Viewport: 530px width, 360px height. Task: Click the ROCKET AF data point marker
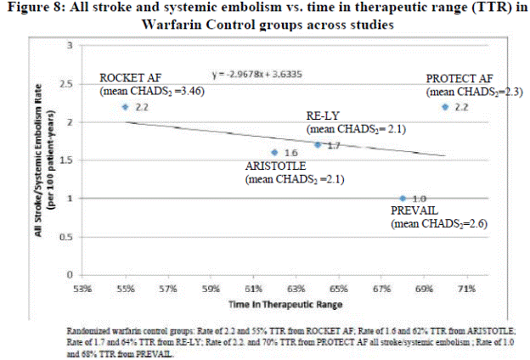point(126,107)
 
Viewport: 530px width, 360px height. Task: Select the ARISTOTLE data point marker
point(274,153)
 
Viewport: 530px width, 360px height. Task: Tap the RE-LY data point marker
point(317,144)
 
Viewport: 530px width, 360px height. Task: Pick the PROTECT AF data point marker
point(446,107)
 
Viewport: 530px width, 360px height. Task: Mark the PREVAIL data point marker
point(403,199)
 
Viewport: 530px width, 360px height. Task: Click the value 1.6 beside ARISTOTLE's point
point(290,154)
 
